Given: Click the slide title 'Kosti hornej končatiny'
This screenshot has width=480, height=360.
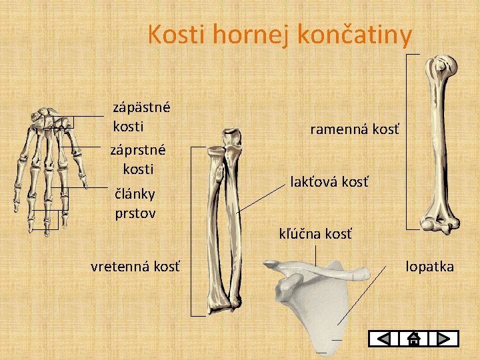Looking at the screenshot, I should pos(280,34).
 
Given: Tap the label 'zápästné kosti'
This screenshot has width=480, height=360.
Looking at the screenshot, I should pos(141,116).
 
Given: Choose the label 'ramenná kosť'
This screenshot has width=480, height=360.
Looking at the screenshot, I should pos(355,129).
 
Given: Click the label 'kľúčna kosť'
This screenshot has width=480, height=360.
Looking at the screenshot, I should pos(315,233).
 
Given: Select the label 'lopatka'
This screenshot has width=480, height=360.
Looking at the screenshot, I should pos(429,267).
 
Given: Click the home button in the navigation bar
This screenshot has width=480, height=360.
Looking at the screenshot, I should pos(413,339).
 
